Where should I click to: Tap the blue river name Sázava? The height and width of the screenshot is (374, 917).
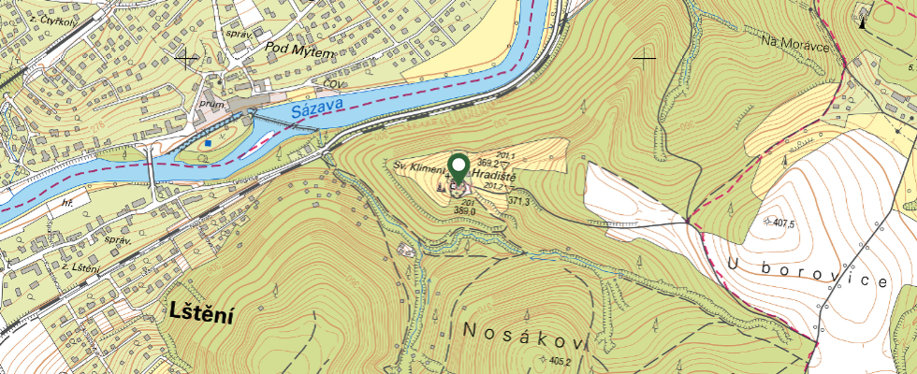click(x=316, y=108)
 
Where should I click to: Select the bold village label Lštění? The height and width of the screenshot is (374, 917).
click(x=201, y=314)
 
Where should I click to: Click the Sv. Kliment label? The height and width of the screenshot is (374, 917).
click(x=417, y=165)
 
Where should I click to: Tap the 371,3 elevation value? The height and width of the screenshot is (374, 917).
click(x=520, y=201)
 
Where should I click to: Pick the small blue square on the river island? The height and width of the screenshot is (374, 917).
click(x=208, y=143)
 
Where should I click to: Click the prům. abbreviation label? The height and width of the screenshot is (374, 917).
click(x=213, y=105)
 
